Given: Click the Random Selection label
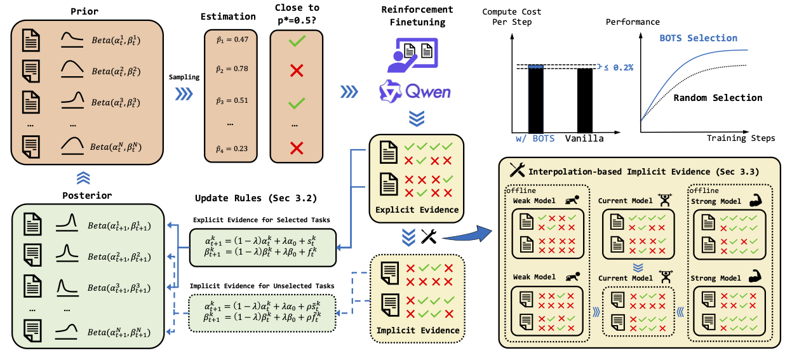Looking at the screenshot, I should point(718,98).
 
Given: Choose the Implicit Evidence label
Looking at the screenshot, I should point(417,330).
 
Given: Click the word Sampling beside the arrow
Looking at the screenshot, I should point(184,77).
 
